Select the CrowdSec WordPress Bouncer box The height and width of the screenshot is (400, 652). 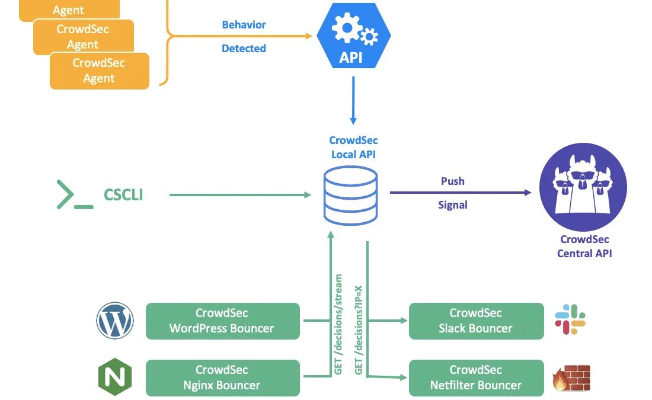[x=223, y=321]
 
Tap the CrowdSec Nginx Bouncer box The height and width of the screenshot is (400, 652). [x=223, y=377]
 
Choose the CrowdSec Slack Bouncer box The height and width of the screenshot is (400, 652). [x=476, y=321]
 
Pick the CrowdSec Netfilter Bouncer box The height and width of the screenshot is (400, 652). [x=476, y=377]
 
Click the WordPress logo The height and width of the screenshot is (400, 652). [x=115, y=321]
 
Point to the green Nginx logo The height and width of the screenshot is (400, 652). [x=115, y=377]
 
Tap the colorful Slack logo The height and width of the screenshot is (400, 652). [x=570, y=319]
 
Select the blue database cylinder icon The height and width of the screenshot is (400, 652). [x=350, y=195]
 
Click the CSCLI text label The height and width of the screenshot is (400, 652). [x=123, y=195]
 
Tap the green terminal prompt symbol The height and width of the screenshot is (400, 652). [x=74, y=194]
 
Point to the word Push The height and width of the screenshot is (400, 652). [x=452, y=181]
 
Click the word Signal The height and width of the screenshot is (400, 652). [x=452, y=205]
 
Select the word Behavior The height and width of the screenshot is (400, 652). [x=244, y=25]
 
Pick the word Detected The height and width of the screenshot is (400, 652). [x=244, y=49]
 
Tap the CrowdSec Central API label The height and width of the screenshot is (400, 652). [x=584, y=247]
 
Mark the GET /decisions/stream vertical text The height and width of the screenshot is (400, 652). [x=339, y=324]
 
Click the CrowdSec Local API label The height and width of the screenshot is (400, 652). [x=353, y=148]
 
